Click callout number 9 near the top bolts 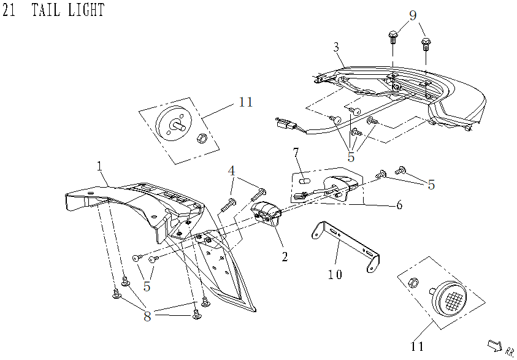[x=412, y=15]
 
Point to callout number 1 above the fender [x=99, y=166]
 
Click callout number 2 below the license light [x=285, y=256]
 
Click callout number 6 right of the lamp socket [x=399, y=205]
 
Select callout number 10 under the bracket [x=335, y=274]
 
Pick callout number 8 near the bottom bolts [x=147, y=316]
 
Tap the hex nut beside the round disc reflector [x=200, y=139]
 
